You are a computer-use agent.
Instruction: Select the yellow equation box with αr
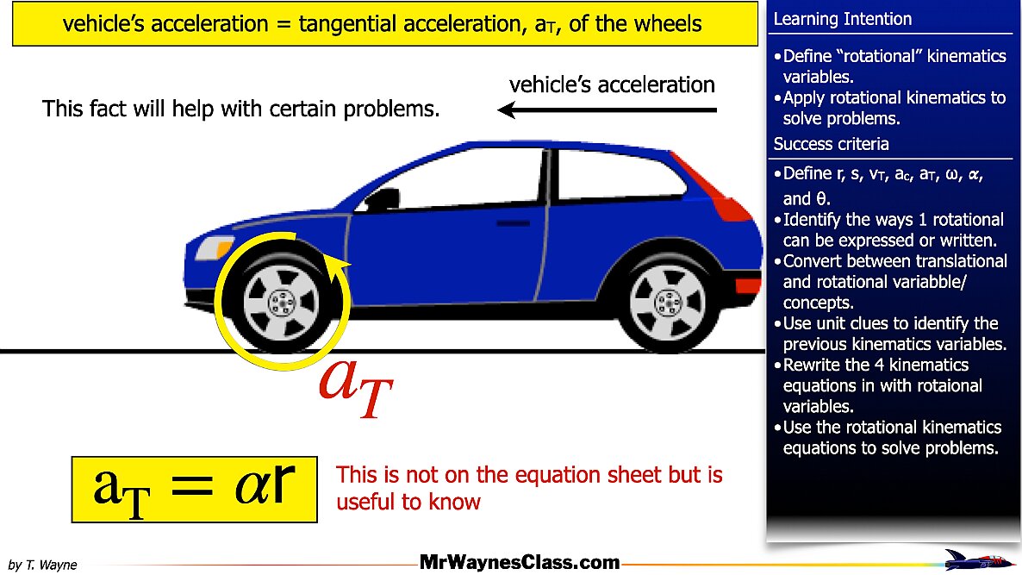194,489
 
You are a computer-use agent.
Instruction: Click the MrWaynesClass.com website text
520,563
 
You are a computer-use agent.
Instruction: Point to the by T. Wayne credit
42,565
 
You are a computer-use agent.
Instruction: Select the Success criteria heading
831,144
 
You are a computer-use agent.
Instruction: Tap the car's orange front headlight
215,249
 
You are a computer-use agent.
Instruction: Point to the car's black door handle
514,223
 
